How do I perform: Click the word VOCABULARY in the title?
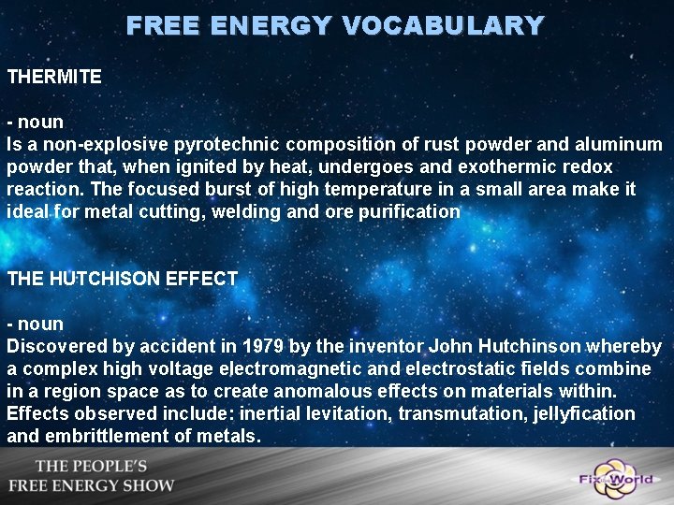442,25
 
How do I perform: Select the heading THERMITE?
54,77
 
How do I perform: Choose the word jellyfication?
579,413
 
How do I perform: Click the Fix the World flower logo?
612,477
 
